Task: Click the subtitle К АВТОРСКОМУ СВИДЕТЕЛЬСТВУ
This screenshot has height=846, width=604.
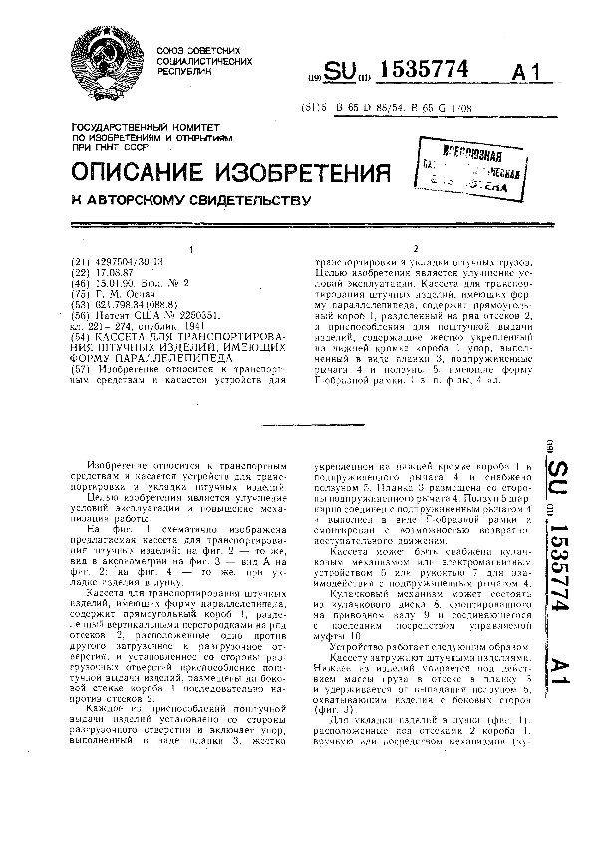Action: [185, 200]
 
